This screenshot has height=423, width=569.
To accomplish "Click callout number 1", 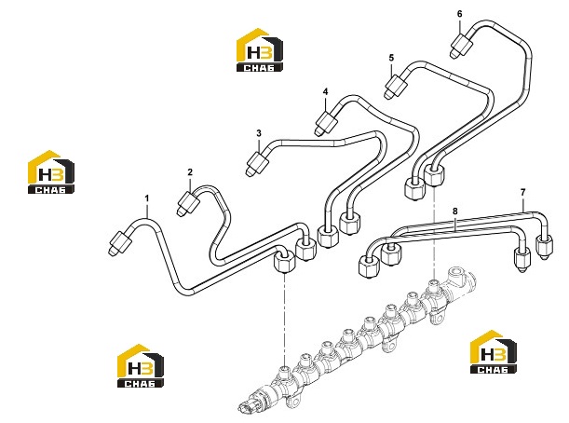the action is click(x=147, y=198).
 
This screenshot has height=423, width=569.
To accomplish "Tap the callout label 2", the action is click(x=190, y=172).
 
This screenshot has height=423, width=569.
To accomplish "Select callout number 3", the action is click(x=258, y=133).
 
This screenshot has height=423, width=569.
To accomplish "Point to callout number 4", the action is click(x=325, y=91).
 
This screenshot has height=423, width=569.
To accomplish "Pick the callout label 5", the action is click(x=391, y=58).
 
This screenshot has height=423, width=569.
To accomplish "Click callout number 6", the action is click(x=460, y=14).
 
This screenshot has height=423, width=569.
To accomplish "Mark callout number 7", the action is click(x=523, y=193).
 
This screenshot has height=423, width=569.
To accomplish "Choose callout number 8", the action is click(x=455, y=211).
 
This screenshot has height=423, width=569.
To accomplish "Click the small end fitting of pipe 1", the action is click(x=119, y=243).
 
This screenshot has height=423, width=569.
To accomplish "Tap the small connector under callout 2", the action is click(x=188, y=204).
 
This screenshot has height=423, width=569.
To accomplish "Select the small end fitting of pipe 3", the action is click(x=257, y=164).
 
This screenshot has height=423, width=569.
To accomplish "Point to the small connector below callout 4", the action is click(x=325, y=123).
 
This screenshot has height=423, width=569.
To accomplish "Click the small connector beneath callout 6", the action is click(x=462, y=46).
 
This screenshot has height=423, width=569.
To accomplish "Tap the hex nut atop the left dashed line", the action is click(x=285, y=261).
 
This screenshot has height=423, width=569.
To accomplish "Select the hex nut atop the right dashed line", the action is click(x=434, y=175).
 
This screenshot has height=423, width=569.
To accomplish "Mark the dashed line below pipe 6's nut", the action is click(x=434, y=233).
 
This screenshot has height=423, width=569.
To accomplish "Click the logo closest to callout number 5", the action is click(x=260, y=49).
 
